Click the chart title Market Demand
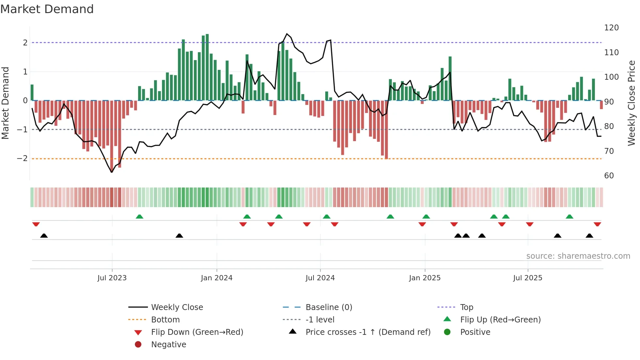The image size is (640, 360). [47, 9]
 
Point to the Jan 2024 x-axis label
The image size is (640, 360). [216, 278]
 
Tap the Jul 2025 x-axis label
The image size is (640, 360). [527, 278]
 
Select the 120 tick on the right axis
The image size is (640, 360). [611, 28]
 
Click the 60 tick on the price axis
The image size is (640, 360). [609, 176]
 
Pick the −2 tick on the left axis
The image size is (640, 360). [22, 158]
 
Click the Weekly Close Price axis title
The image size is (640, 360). [632, 103]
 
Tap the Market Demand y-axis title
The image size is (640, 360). [5, 103]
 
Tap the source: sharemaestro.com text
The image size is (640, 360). [578, 256]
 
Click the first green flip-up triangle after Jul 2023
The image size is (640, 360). [139, 217]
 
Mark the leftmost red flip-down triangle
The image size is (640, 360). [36, 224]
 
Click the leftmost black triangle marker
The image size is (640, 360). [44, 236]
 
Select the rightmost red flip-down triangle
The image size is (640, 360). [597, 224]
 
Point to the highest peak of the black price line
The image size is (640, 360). [287, 34]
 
